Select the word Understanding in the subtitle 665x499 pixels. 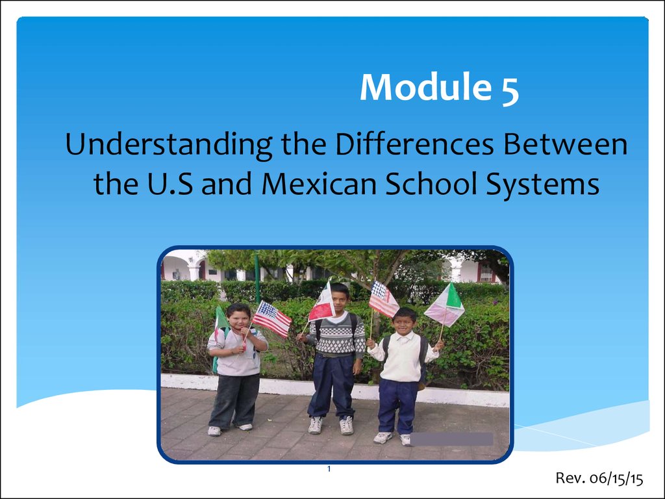(x=169, y=145)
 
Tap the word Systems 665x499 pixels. (x=543, y=185)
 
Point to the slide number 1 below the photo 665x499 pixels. (x=329, y=469)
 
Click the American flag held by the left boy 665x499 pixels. (x=272, y=319)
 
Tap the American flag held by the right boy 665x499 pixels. (x=384, y=299)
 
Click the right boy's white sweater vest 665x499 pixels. (x=401, y=357)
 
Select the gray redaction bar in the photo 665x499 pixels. (x=452, y=439)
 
